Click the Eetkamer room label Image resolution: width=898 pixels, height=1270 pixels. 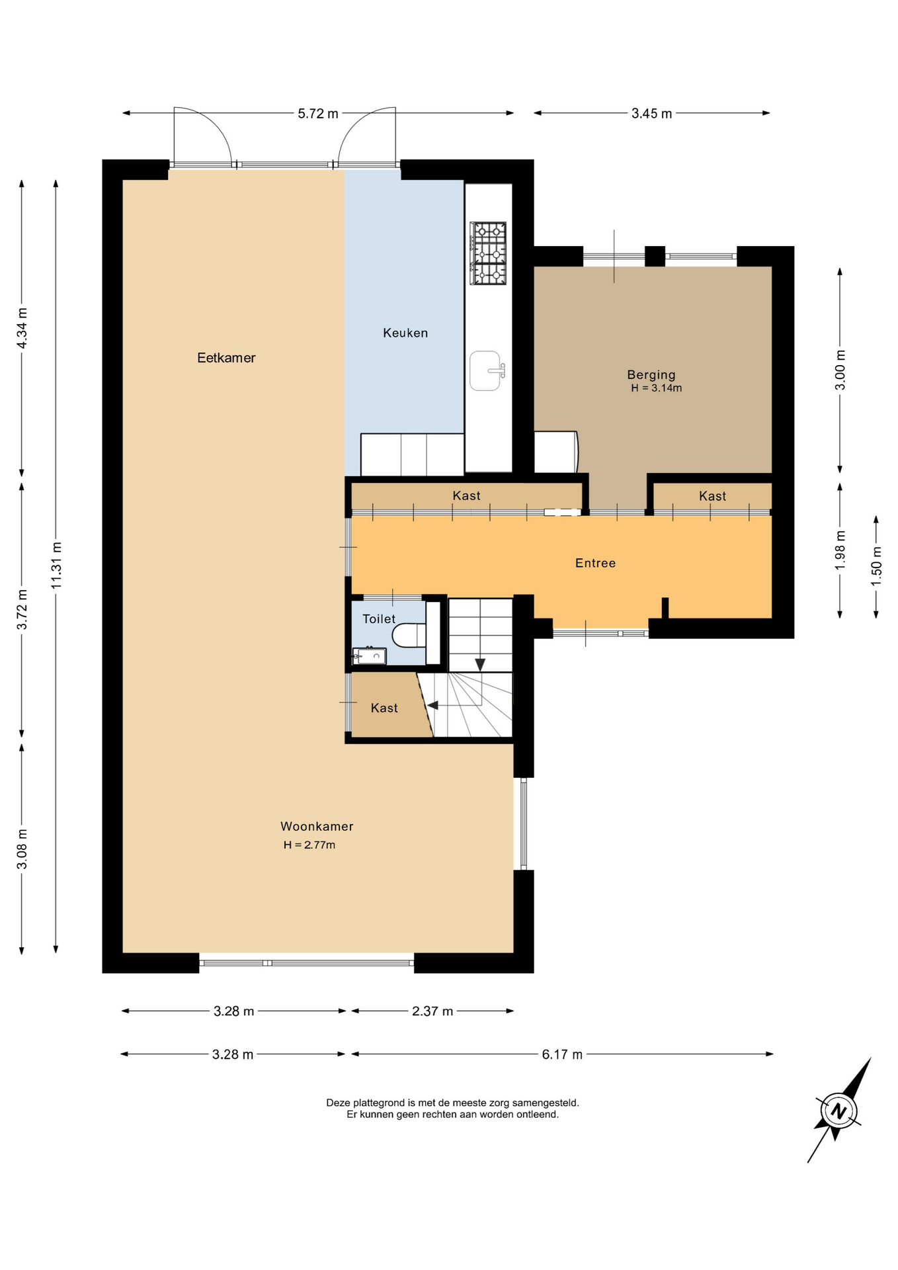[226, 358]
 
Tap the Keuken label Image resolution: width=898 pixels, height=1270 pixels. [405, 333]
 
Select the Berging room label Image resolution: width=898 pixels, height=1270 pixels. [651, 375]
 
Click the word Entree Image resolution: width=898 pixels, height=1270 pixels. [595, 563]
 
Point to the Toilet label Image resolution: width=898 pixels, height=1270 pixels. [379, 618]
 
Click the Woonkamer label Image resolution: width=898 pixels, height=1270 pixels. [317, 826]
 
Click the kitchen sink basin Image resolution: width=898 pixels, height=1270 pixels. [486, 370]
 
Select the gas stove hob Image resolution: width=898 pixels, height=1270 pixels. [488, 253]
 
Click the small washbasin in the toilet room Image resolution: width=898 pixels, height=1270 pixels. [369, 656]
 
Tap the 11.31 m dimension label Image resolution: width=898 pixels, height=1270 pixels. [56, 566]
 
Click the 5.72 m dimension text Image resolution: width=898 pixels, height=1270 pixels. [318, 113]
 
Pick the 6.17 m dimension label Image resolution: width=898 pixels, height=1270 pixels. [562, 1054]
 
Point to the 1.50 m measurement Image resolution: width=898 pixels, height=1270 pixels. [876, 566]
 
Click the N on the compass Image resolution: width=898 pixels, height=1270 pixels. [838, 1111]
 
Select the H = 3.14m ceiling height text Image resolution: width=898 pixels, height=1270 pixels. [656, 388]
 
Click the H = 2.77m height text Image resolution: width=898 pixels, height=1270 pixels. [309, 845]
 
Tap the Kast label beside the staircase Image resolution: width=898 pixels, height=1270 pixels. [384, 708]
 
